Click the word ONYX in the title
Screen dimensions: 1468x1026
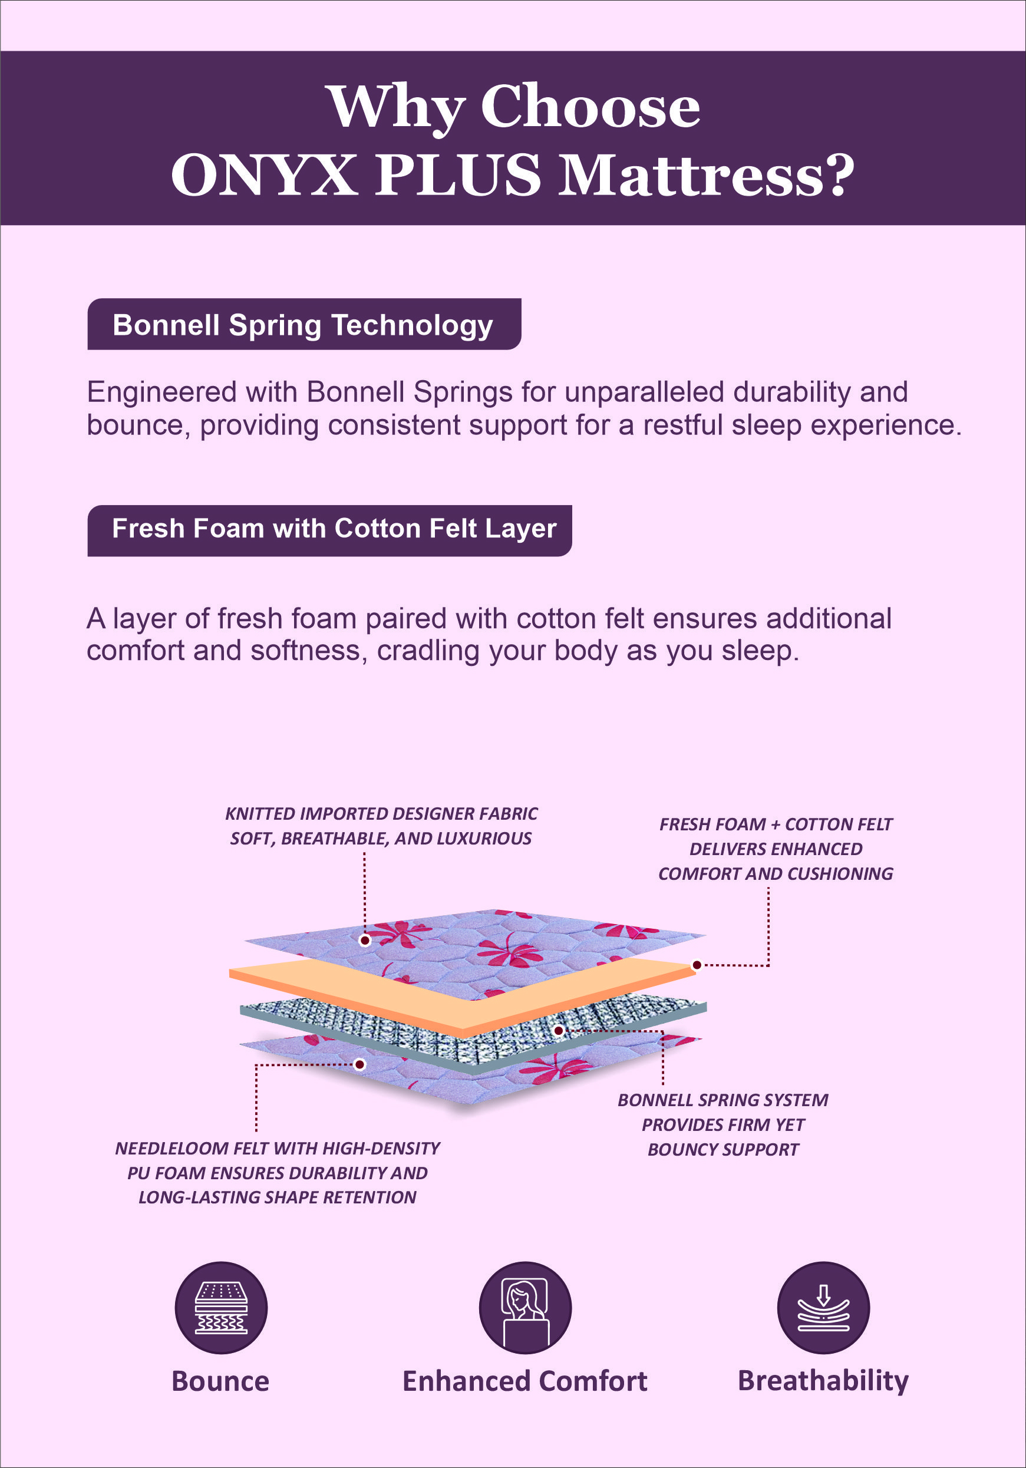(263, 175)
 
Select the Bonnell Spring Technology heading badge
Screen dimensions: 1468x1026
(303, 325)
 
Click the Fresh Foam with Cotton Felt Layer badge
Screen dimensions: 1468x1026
(329, 529)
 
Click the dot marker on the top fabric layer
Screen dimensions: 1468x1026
(365, 940)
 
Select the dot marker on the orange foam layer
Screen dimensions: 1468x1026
(697, 965)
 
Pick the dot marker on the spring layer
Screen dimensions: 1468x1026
(559, 1030)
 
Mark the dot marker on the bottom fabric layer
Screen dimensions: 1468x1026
(360, 1064)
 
